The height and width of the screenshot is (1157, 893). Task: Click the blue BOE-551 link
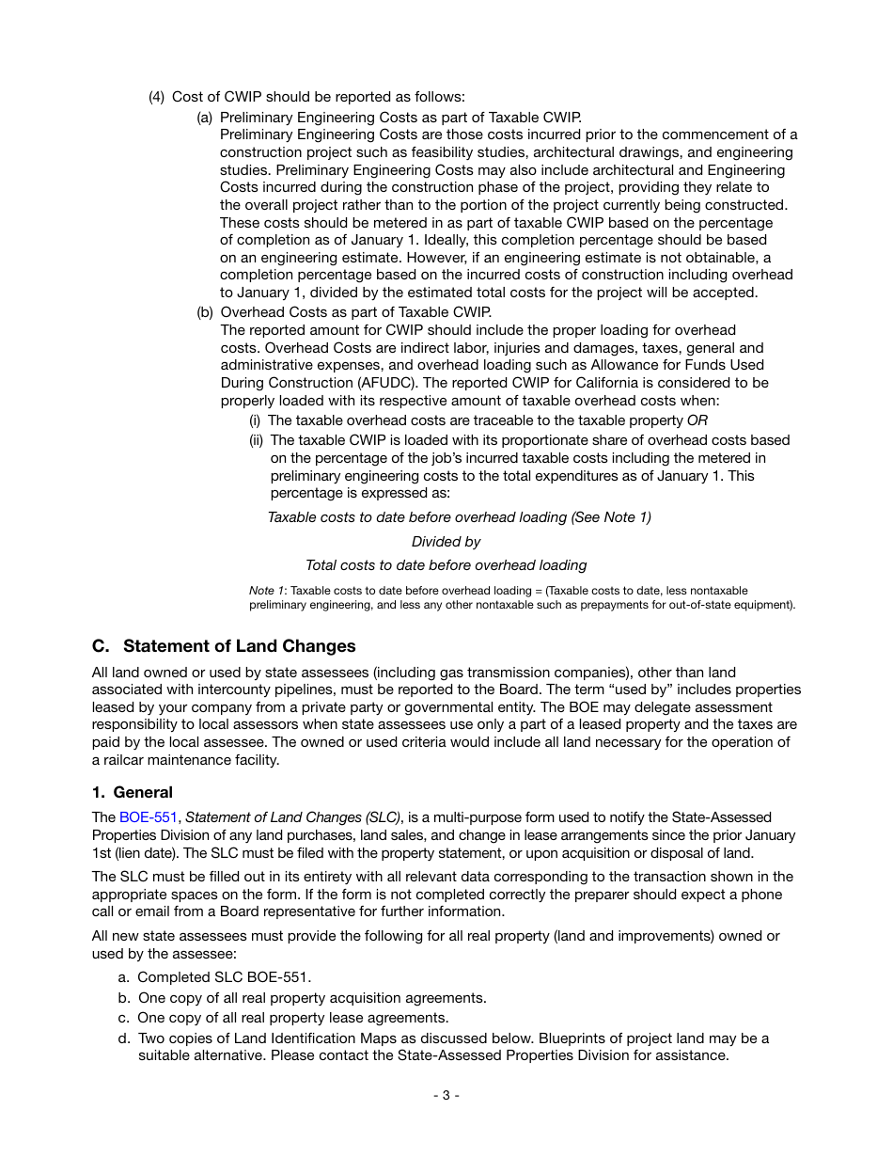148,817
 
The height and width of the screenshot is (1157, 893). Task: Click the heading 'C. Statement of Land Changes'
224,646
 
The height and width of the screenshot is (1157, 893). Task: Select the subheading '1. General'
133,792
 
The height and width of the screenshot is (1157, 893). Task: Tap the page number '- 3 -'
446,1095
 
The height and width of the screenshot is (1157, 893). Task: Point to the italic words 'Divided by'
446,542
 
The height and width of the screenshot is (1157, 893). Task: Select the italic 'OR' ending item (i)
697,420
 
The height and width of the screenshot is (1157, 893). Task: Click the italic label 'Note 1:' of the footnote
268,591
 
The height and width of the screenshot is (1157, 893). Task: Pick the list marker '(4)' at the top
157,97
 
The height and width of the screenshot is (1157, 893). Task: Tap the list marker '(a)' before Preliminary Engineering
205,118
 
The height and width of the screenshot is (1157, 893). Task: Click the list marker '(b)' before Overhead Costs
205,312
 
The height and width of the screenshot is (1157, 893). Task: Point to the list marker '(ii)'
257,440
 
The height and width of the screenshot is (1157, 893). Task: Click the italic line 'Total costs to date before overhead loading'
446,565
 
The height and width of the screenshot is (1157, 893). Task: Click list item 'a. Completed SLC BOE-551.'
215,977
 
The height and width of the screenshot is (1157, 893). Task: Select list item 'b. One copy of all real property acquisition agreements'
303,998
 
